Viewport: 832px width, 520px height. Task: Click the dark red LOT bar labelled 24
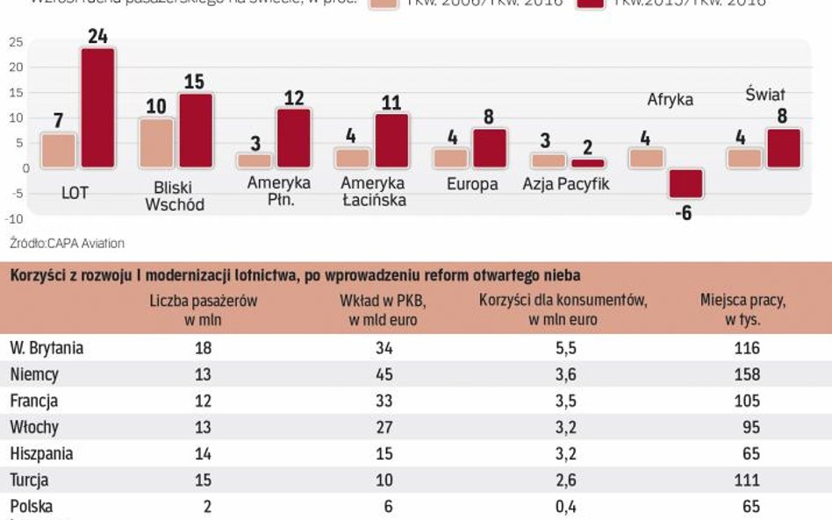pos(98,107)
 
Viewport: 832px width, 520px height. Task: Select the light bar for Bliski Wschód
pos(157,142)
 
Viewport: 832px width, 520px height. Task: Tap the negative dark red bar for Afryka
pos(685,183)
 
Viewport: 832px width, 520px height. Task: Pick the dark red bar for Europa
pos(490,147)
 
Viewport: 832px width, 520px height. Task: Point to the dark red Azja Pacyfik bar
pos(588,163)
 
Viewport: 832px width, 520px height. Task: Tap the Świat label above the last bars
pos(765,94)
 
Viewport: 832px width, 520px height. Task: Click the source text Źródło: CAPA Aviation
pos(67,243)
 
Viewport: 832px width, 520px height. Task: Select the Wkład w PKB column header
pos(382,310)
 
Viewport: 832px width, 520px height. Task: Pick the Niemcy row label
pos(34,374)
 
